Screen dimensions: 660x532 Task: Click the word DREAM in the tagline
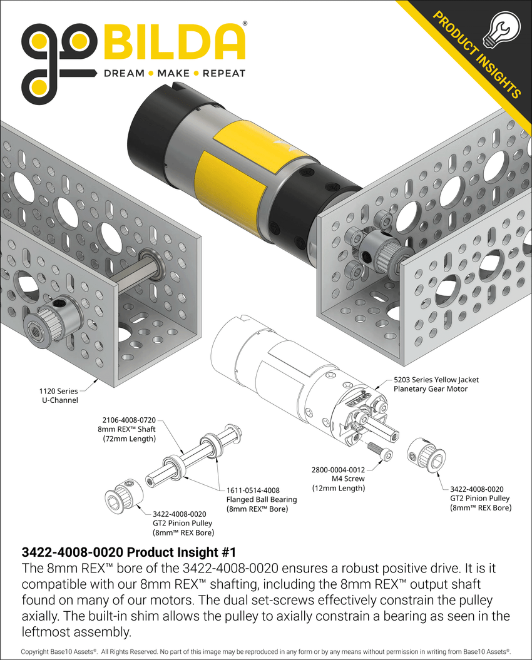pyautogui.click(x=123, y=73)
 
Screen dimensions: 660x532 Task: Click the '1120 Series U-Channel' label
pyautogui.click(x=58, y=395)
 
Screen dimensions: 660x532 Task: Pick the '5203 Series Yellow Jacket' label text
pyautogui.click(x=436, y=380)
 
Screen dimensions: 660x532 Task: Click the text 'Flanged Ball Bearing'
pyautogui.click(x=262, y=500)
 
